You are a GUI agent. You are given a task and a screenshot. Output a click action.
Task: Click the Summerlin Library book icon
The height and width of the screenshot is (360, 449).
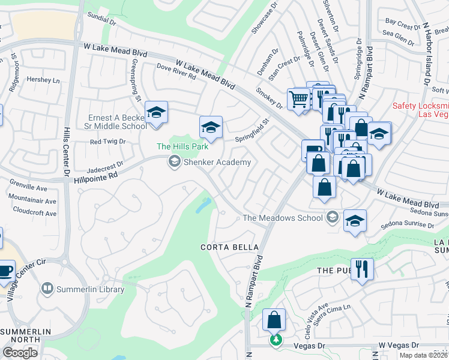[x=47, y=289]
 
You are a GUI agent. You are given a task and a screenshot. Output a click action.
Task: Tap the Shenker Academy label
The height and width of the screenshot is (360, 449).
[x=217, y=162]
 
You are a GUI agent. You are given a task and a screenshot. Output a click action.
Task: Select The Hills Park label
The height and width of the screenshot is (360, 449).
[x=182, y=146]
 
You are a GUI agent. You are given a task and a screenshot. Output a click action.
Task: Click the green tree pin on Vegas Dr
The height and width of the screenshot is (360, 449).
[x=276, y=340]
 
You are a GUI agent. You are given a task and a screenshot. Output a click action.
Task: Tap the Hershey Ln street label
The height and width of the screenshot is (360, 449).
[x=45, y=80]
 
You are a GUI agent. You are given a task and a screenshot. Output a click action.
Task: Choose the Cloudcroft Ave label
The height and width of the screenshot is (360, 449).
[x=35, y=212]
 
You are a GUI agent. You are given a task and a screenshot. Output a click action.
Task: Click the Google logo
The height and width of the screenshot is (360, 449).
[x=20, y=353]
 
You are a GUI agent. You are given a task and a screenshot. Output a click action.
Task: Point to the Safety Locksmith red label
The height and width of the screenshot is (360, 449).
[x=420, y=110]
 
